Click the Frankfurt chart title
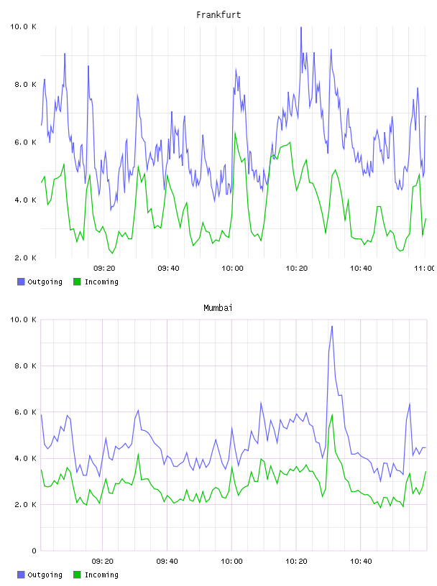click(218, 15)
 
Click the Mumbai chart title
click(218, 308)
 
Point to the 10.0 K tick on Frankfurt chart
click(23, 27)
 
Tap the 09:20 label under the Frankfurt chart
click(104, 269)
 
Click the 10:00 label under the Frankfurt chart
click(232, 269)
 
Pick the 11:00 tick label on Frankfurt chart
click(425, 269)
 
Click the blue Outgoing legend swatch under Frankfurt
click(21, 282)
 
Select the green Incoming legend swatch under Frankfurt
click(77, 282)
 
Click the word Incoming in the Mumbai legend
click(101, 575)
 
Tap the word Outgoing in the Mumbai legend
click(45, 575)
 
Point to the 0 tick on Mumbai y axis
click(34, 551)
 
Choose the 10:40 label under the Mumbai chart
click(361, 562)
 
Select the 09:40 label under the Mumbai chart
click(167, 562)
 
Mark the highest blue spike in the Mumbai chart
click(332, 326)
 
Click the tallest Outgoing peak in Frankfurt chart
click(301, 27)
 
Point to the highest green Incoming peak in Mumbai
click(332, 414)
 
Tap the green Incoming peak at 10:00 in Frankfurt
click(235, 133)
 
